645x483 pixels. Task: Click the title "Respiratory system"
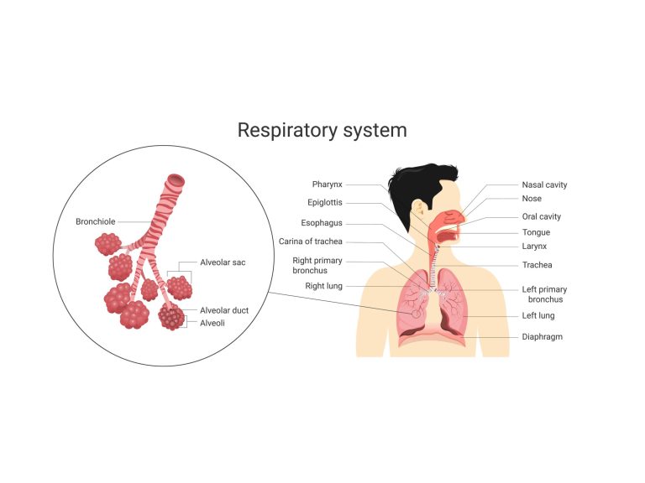322,130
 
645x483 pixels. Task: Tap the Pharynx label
327,184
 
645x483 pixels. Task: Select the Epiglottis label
324,203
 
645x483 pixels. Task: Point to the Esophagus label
322,223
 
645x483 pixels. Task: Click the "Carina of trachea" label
310,242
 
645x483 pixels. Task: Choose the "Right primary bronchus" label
317,266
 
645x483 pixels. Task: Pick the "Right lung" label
323,287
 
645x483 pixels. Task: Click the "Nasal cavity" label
544,184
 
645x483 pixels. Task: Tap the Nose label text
532,200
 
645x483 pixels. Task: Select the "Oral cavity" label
541,216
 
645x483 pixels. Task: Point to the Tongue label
536,232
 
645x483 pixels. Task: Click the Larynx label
535,247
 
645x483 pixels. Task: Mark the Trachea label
537,265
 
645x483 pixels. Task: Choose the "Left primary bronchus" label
544,294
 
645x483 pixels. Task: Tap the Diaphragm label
542,336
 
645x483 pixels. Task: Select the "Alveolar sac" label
223,262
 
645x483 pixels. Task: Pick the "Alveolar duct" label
224,310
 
